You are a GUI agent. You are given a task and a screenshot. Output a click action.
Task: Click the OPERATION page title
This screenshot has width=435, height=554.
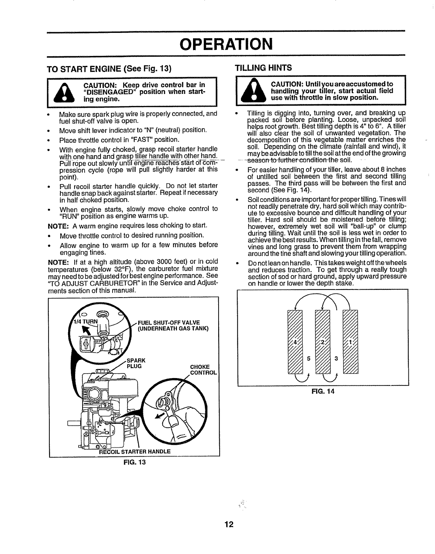(x=226, y=44)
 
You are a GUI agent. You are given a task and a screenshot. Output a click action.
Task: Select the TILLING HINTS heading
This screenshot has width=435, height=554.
(x=263, y=68)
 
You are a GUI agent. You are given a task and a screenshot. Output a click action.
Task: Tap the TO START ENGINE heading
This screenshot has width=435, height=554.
(x=109, y=69)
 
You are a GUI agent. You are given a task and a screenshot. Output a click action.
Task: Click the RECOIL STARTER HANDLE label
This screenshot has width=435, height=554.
(x=135, y=451)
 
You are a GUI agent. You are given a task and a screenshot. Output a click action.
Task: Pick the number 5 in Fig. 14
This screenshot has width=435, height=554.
(x=309, y=358)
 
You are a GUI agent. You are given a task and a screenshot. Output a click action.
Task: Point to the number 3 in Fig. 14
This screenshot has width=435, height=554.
(x=336, y=358)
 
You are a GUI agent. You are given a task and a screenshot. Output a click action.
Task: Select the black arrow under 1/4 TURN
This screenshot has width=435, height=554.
(x=85, y=330)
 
